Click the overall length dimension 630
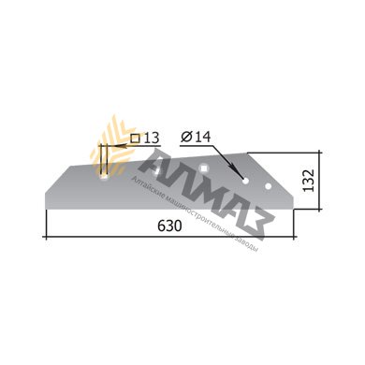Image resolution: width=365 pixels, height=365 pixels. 169,226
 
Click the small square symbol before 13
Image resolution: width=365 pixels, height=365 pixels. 136,138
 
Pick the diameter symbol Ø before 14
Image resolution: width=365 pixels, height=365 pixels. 184,137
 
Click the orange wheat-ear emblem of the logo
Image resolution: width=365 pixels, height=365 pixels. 113,145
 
